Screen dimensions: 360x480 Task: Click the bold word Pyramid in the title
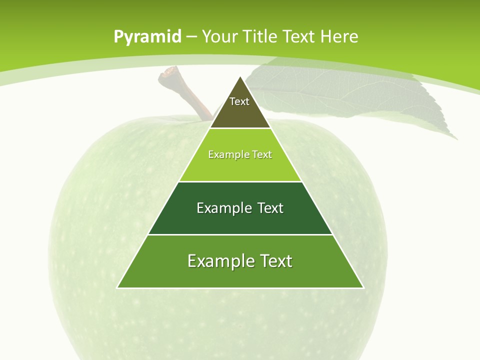pos(147,37)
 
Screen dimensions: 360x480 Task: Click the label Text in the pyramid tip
pos(239,101)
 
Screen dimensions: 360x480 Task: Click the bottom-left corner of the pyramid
pos(117,287)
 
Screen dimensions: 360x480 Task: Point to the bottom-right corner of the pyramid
pos(363,287)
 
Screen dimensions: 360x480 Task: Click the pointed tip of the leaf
pos(456,138)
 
